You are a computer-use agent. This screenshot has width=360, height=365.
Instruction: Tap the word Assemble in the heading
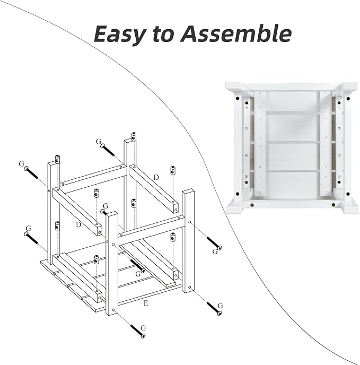point(236,33)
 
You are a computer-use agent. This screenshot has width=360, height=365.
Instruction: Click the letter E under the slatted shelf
point(146,303)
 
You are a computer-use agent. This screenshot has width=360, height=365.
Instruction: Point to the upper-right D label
point(156,177)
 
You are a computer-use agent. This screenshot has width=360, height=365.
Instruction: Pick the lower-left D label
point(78,224)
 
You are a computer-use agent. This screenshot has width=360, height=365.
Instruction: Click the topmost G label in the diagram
point(99,141)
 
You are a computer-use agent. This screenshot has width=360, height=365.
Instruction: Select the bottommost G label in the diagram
point(143,328)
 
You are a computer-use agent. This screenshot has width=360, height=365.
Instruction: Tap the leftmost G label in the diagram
point(21,164)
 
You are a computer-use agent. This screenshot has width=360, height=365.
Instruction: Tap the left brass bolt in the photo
point(252,205)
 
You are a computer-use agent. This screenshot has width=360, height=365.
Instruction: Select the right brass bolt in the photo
point(333,205)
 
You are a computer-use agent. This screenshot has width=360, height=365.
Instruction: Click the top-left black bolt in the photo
point(238,99)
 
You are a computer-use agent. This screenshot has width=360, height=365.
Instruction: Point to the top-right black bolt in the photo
point(348,99)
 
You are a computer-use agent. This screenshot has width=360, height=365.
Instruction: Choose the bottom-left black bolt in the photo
point(238,194)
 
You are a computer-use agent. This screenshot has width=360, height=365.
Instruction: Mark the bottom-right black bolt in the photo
point(348,194)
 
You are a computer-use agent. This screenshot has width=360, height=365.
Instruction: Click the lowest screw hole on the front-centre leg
point(113,310)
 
